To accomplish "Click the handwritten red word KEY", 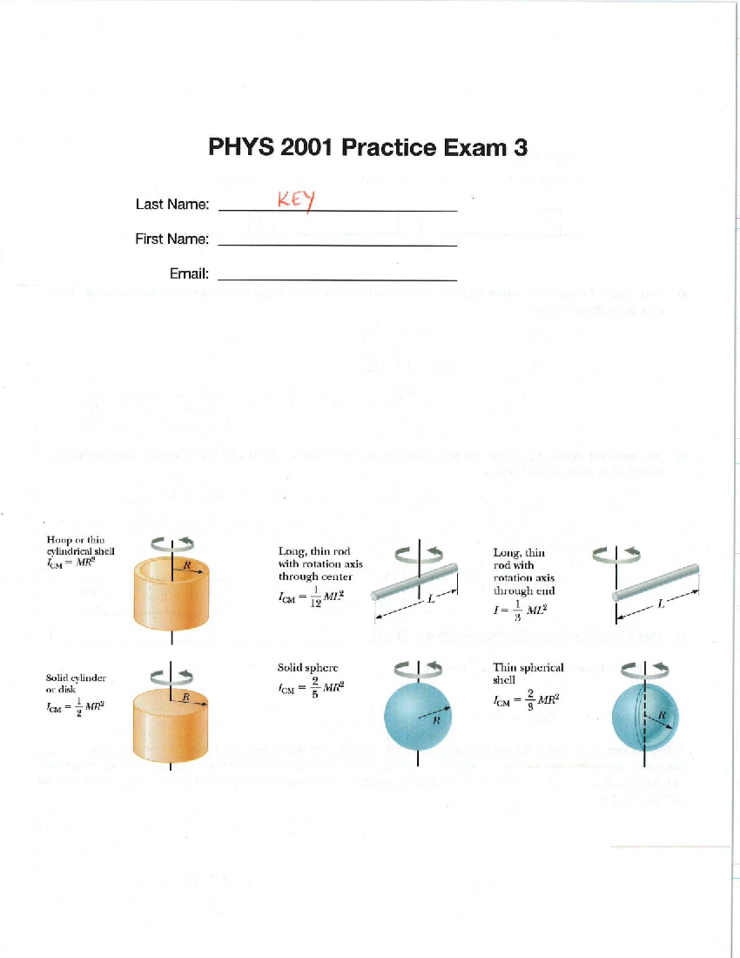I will pos(296,200).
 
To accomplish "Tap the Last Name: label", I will pos(172,204).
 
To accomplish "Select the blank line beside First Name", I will pos(338,245).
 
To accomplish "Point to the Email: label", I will pos(189,273).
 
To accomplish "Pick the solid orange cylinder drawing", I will pos(171,725).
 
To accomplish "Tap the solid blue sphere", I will pos(417,716).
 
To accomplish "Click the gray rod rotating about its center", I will pos(414,581).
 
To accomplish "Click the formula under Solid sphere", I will pos(311,687).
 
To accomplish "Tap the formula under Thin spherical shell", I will pos(525,700).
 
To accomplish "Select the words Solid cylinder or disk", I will pos(75,683).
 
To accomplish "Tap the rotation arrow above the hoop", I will pos(172,543).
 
